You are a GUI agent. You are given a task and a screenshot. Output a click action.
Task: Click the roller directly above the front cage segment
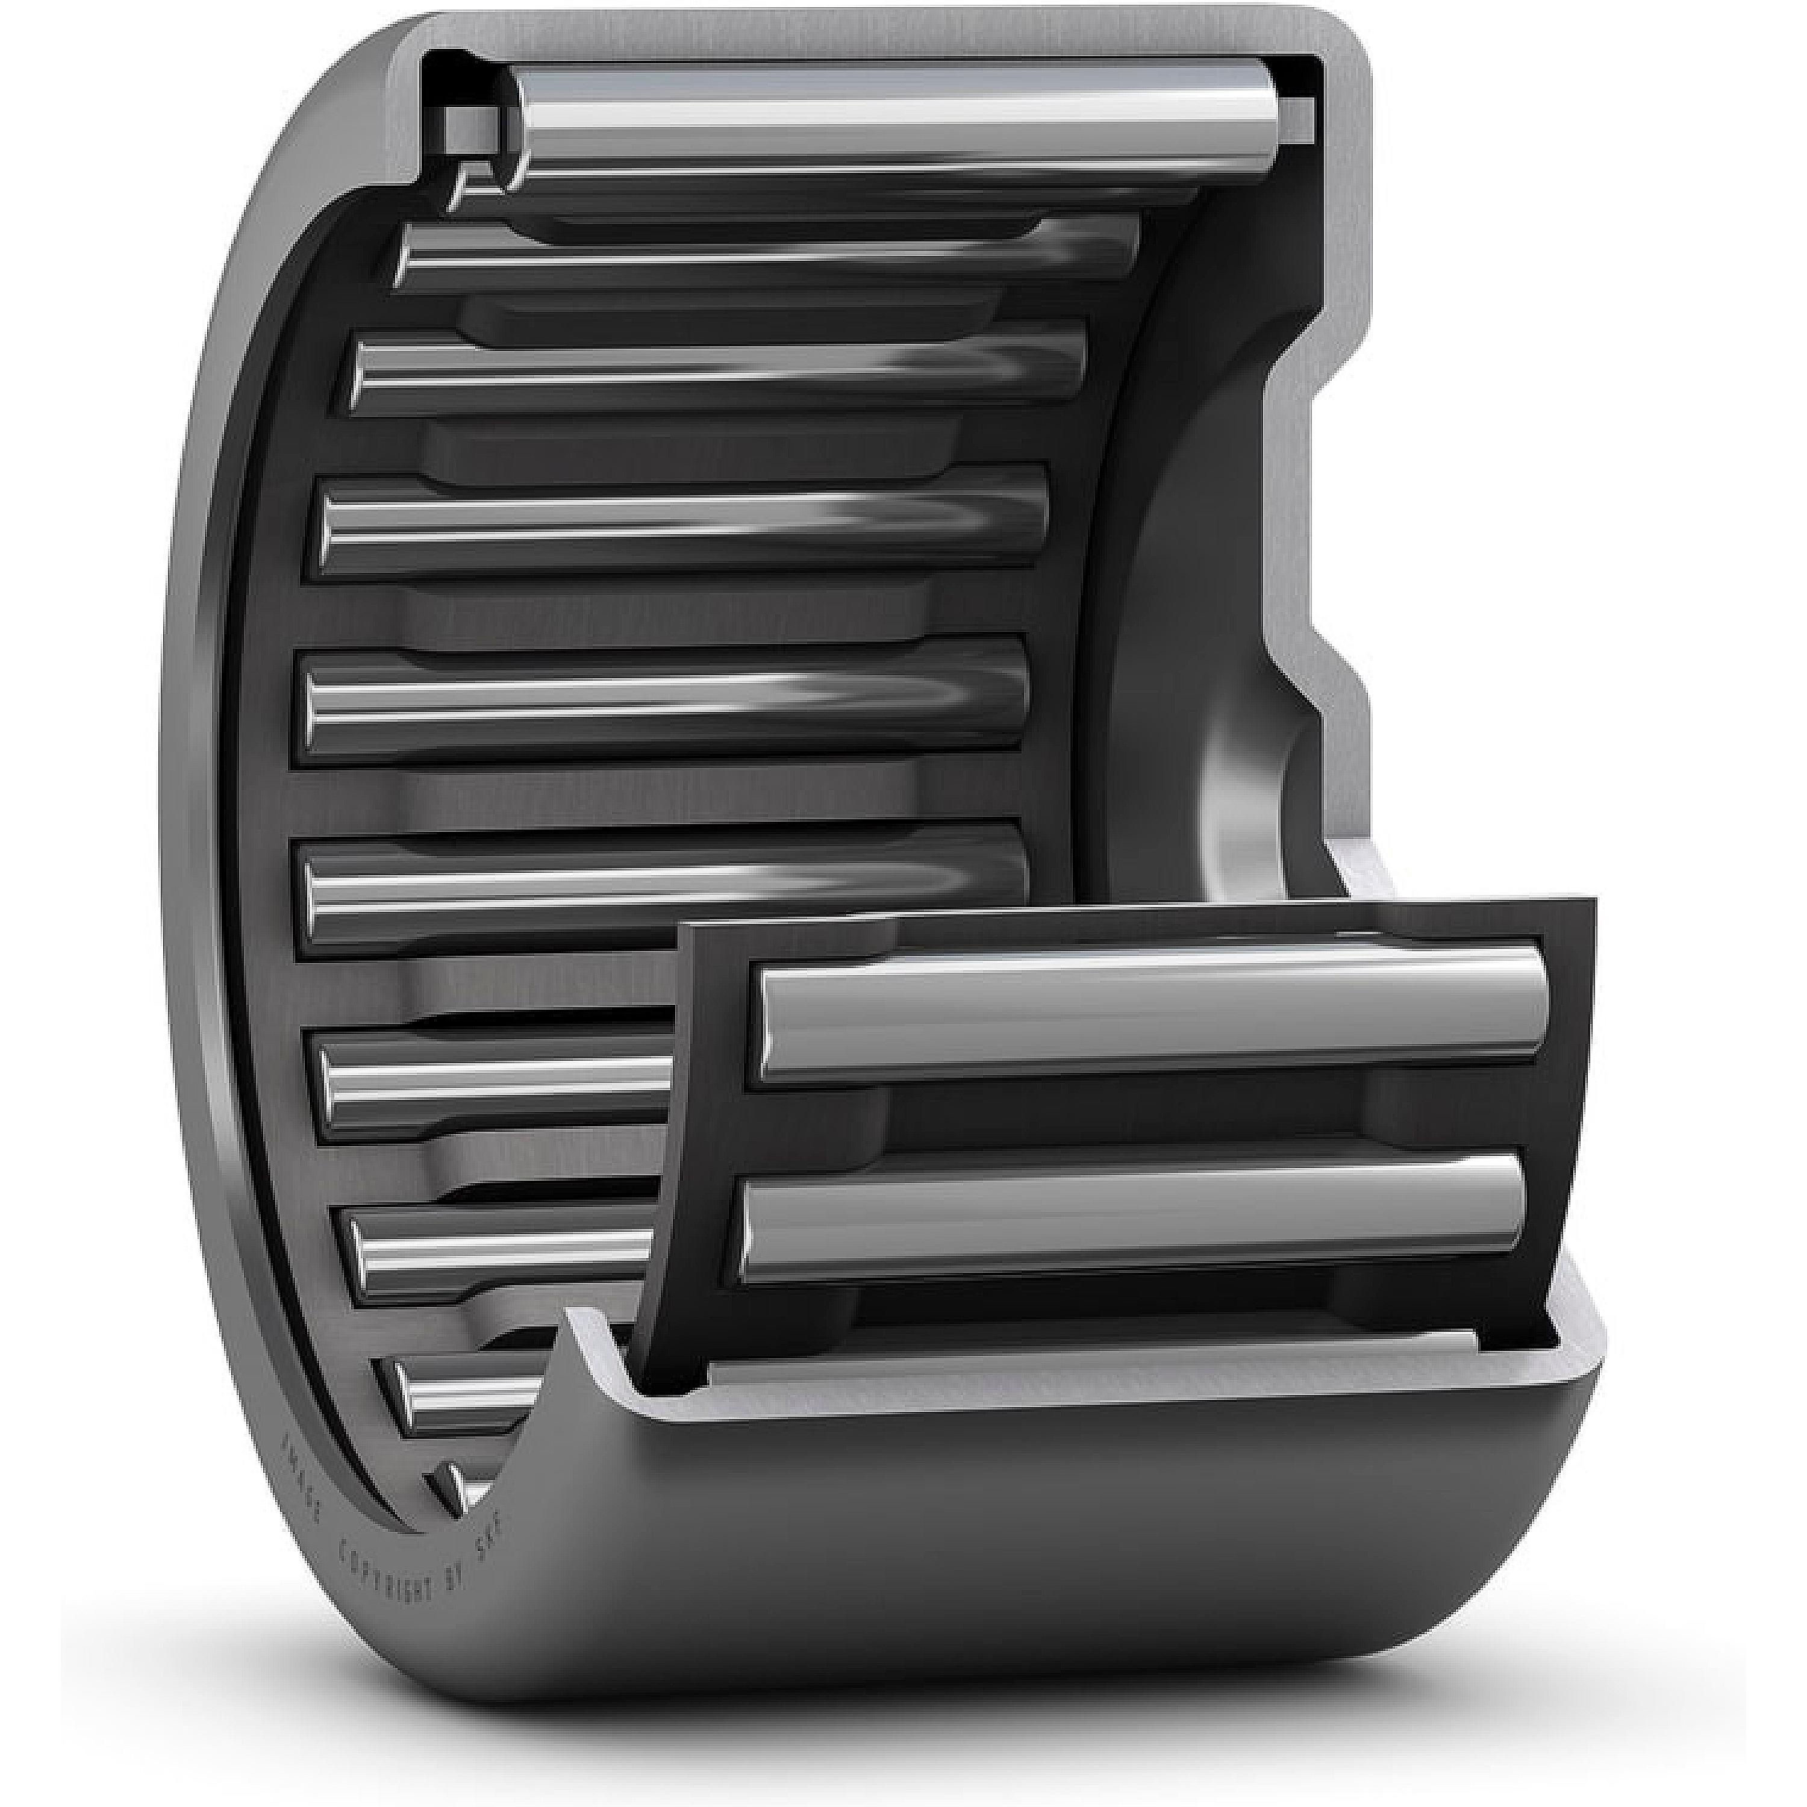pos(664,879)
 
